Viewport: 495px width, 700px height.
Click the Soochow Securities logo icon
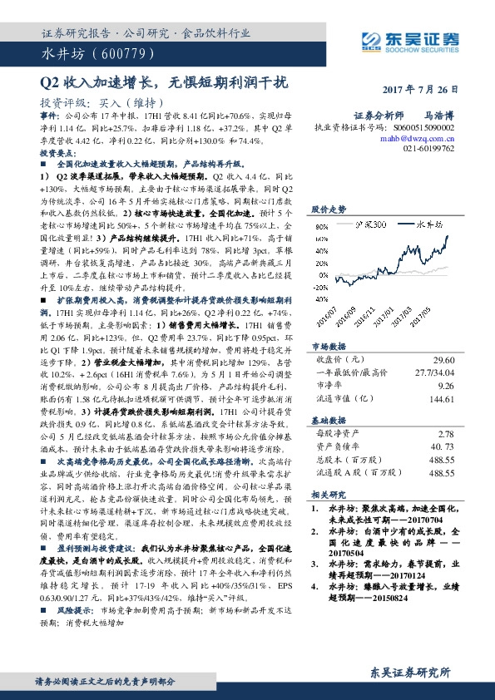pyautogui.click(x=371, y=38)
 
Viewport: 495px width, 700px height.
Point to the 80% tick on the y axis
pyautogui.click(x=320, y=226)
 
